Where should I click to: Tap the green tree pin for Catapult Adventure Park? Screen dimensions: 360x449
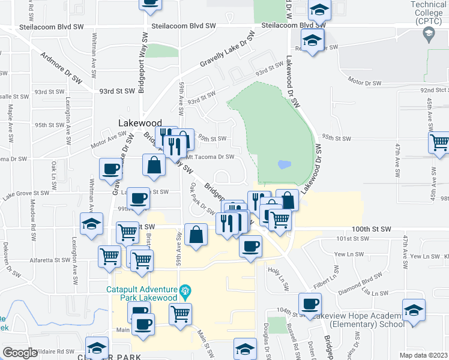185,292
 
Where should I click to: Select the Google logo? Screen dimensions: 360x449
20,352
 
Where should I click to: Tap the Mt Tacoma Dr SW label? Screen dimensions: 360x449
209,157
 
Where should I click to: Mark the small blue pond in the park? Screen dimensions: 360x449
284,164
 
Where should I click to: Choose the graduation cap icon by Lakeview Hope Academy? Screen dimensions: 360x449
413,310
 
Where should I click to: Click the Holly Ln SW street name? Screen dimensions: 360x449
279,275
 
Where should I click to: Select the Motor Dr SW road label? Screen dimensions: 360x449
364,80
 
